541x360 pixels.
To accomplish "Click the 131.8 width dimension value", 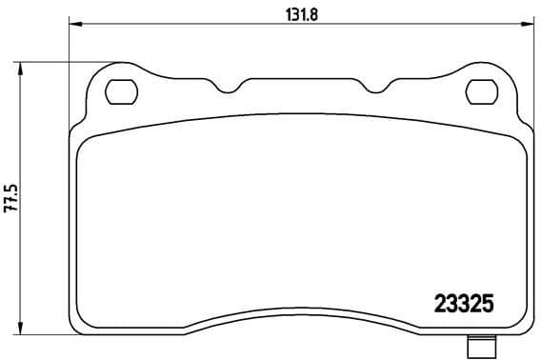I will (297, 14).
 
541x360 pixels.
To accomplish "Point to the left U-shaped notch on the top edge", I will (227, 90).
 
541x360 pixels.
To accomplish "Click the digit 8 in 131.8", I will (311, 14).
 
